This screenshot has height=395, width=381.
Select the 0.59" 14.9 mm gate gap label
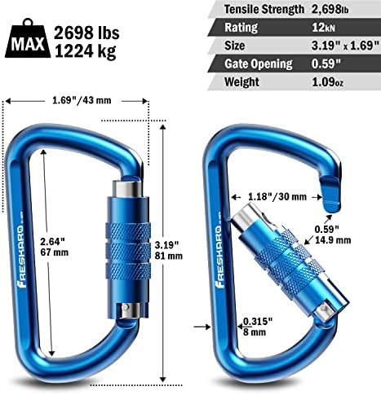(335, 234)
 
